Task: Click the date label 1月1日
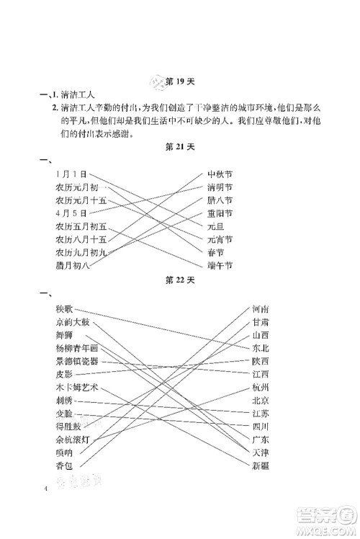point(71,174)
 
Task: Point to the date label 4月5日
point(71,213)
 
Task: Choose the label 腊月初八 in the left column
point(73,265)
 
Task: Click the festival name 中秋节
point(220,174)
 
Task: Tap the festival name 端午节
point(220,265)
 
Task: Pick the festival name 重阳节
point(220,213)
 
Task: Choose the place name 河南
point(261,308)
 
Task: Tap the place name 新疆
point(261,465)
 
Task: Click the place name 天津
point(261,452)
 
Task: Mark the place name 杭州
point(261,387)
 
